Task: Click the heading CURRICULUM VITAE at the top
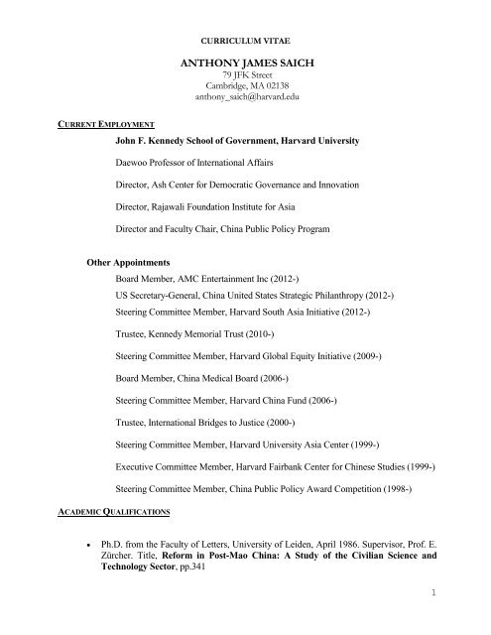[245, 44]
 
